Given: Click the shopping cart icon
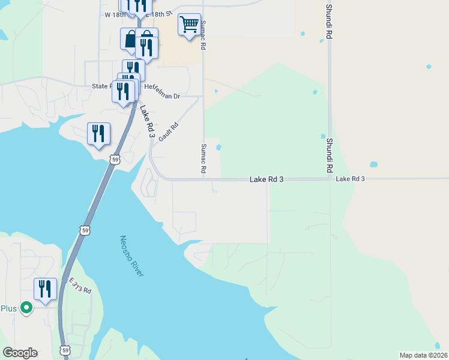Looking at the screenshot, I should [189, 25].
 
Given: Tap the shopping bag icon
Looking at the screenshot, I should [131, 40].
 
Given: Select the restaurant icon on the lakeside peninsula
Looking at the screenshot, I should [99, 133].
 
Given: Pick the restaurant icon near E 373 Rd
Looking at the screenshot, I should [45, 289].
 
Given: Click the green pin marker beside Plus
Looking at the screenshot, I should [26, 308].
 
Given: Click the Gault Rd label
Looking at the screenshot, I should [169, 133].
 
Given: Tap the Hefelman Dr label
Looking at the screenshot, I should [162, 95].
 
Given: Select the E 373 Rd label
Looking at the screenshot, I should [80, 286].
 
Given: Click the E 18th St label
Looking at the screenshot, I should [159, 13].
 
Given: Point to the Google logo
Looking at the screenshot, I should [20, 353].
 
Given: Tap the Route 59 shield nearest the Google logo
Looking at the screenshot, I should [64, 350].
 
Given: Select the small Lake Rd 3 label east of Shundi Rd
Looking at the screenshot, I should [351, 179].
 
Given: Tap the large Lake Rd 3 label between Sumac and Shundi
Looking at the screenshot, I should [267, 179].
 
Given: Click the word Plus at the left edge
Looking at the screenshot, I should [8, 308].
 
